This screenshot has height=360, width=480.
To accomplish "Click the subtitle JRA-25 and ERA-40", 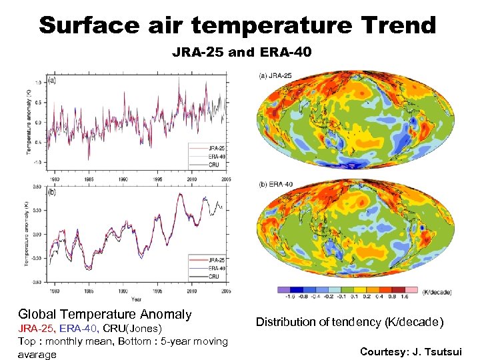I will [241, 51].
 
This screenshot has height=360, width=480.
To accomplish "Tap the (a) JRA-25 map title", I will [275, 75].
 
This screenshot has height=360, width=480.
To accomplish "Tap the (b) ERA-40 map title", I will [275, 184].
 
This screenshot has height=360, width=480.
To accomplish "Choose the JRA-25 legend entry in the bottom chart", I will [215, 260].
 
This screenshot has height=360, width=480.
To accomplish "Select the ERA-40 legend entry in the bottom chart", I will [215, 268].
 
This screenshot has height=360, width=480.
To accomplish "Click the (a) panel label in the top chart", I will [51, 81].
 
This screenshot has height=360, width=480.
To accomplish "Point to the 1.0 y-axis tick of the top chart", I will [38, 82].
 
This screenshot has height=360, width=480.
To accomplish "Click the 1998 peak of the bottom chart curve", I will [179, 194].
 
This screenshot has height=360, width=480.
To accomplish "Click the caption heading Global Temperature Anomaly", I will [105, 314].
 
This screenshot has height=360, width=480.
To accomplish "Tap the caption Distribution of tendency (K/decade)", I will [350, 322].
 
